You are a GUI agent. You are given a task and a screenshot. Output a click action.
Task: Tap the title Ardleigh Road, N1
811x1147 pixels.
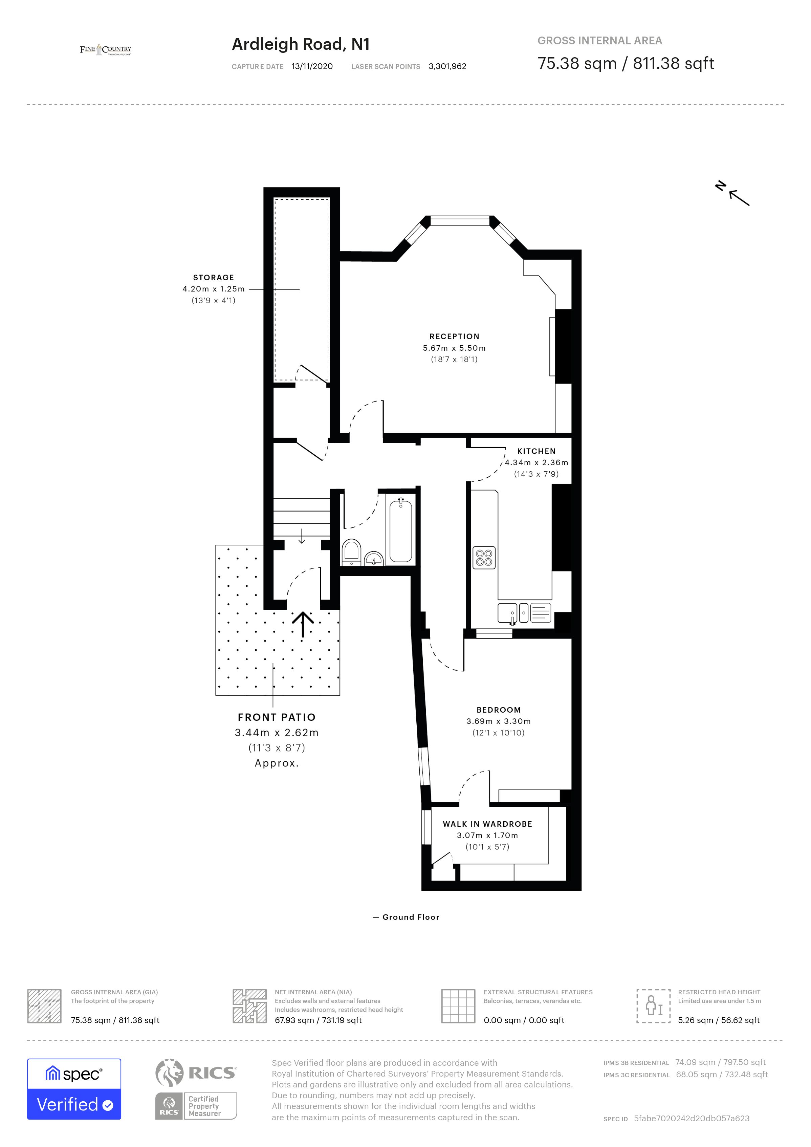301,44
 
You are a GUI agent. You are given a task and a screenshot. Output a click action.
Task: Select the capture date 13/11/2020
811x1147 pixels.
312,66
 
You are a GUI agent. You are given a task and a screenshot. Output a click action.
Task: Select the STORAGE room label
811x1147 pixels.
213,278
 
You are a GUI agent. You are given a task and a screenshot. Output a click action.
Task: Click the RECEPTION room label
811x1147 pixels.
454,337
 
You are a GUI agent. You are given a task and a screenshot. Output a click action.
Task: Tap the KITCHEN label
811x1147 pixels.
536,451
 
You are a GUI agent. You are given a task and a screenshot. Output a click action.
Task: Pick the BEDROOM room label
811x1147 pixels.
498,710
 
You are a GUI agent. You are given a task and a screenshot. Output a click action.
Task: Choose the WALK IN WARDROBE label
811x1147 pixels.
487,824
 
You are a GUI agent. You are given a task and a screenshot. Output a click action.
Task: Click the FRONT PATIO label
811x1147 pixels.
277,717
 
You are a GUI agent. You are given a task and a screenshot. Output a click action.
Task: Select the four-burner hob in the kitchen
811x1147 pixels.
484,558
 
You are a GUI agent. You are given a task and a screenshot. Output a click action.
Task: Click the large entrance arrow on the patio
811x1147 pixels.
303,624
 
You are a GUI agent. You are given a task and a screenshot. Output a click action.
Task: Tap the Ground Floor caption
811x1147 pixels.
411,917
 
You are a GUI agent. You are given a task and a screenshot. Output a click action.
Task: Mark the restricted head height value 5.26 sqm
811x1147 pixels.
718,1020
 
